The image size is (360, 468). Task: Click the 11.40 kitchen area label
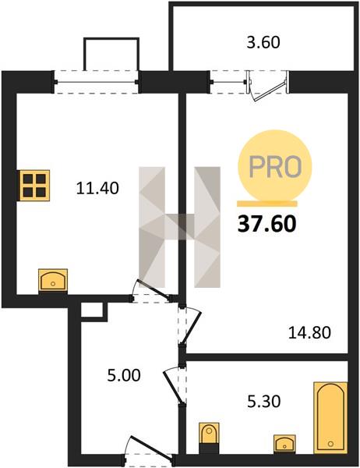(x=97, y=188)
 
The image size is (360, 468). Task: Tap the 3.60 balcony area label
(x=263, y=42)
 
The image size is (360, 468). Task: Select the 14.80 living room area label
(x=309, y=332)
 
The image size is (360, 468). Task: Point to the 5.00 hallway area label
(x=124, y=375)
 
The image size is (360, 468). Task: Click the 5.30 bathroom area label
(x=264, y=402)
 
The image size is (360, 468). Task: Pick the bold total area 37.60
(x=267, y=224)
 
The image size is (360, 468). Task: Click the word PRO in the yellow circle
(x=275, y=166)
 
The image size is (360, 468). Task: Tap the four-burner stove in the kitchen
(x=34, y=186)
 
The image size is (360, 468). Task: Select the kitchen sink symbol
(x=53, y=280)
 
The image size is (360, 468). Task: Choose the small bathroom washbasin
(x=285, y=444)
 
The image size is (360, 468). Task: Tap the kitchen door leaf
(x=153, y=289)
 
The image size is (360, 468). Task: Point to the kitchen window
(x=96, y=82)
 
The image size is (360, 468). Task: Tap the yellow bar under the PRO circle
(x=267, y=204)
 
